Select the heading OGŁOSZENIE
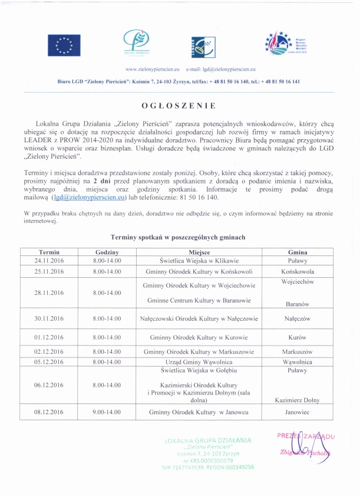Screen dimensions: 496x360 tap(179, 106)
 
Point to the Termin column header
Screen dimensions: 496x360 tap(49, 252)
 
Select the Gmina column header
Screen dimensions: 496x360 tap(298, 252)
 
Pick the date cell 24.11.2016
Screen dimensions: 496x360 tap(49, 260)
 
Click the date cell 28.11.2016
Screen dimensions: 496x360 tap(49, 293)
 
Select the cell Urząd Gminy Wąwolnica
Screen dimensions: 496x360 tap(197, 362)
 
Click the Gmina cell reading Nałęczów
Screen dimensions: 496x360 tap(298, 318)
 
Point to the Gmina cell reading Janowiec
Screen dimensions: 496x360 tap(298, 412)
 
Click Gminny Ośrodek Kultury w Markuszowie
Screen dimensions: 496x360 tap(197, 352)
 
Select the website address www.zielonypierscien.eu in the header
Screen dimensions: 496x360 tap(151, 70)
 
